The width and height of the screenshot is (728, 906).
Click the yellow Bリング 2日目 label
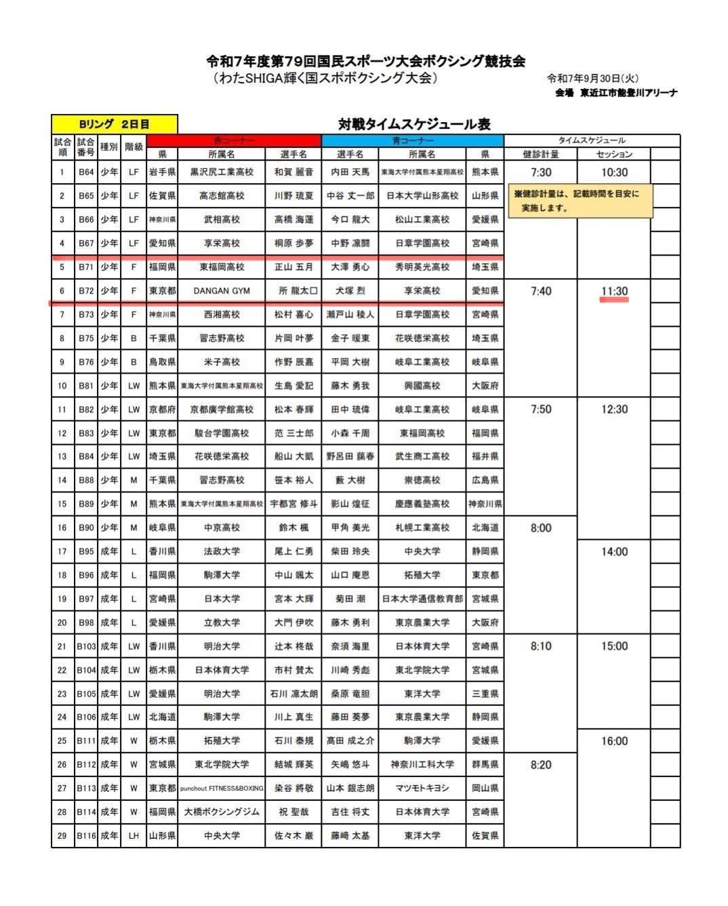[x=114, y=124]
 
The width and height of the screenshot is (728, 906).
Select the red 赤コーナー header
[x=235, y=140]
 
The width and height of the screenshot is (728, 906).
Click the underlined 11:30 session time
[x=614, y=291]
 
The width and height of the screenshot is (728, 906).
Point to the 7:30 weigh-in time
[x=541, y=172]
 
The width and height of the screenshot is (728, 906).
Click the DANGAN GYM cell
[x=222, y=291]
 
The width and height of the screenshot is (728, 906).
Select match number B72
[x=86, y=291]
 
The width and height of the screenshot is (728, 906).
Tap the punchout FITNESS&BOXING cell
[x=222, y=788]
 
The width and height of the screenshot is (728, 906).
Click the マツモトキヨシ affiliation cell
[x=422, y=788]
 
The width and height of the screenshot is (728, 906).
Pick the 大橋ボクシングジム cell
[x=222, y=812]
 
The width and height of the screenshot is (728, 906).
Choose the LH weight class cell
[x=134, y=835]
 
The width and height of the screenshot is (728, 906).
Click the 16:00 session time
[x=614, y=741]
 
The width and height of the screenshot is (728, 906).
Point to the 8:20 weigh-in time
[x=541, y=764]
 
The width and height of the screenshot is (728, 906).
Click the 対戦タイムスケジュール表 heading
[x=414, y=124]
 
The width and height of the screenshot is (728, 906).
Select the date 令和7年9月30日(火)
[x=592, y=79]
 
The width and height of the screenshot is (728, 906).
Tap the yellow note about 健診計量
[x=580, y=201]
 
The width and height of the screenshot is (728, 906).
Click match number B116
[x=86, y=835]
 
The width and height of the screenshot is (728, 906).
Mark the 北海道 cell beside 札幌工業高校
[x=485, y=528]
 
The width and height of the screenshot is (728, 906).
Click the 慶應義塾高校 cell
[x=422, y=504]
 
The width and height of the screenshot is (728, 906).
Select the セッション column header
[x=614, y=154]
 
